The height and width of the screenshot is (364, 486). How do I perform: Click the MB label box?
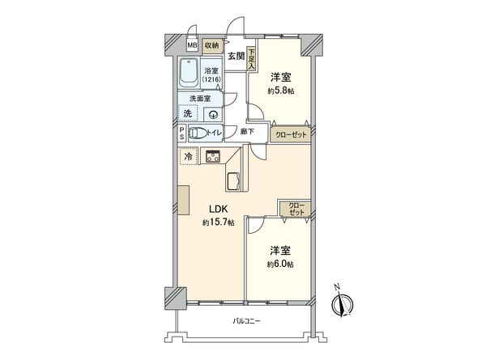point(192,46)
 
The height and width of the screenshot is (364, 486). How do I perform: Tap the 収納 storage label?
point(211,46)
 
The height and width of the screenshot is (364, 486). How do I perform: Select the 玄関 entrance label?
point(236,56)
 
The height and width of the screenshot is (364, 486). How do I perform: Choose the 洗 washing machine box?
point(188,114)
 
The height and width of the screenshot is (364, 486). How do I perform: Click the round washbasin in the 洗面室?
point(211,115)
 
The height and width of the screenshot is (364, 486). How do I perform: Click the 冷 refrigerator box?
point(188,157)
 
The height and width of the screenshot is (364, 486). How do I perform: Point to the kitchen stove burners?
point(212,157)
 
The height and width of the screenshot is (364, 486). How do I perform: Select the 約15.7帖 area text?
point(219,222)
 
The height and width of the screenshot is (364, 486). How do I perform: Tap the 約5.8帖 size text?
point(282,92)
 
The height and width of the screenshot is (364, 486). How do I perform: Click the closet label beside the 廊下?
point(290,134)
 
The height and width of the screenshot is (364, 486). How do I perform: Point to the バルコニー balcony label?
point(246,322)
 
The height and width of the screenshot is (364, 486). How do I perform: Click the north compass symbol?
point(342,304)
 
